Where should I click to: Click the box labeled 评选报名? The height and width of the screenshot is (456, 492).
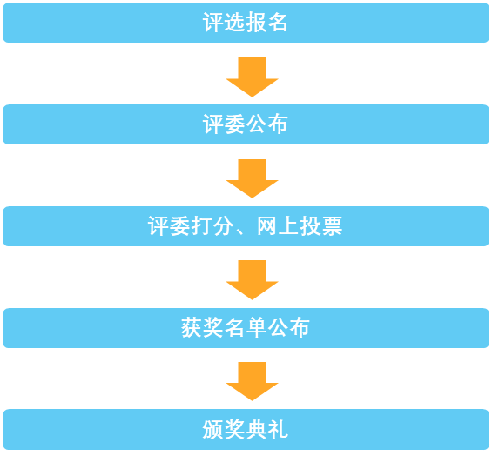[x=246, y=23]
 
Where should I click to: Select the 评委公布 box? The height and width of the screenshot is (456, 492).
[x=246, y=124]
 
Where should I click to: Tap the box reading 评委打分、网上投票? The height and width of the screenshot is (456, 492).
[x=246, y=226]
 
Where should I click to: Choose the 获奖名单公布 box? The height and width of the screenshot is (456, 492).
[x=246, y=328]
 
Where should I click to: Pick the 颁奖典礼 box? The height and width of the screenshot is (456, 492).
[x=246, y=429]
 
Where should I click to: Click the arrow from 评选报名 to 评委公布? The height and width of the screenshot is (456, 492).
[x=252, y=77]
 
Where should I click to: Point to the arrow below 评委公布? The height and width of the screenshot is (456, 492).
[x=252, y=178]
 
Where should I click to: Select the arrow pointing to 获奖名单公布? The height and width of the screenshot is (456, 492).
[x=252, y=280]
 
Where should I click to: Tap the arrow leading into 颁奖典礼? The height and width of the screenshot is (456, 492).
[x=252, y=382]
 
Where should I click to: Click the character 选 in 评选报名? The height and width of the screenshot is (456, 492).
[x=235, y=23]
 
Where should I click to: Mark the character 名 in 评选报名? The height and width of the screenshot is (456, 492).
[x=278, y=23]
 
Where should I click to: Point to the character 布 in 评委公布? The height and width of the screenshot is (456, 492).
[x=278, y=124]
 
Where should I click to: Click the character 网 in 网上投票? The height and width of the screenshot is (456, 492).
[x=267, y=226]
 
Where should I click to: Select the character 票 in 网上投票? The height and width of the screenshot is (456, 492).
[x=332, y=226]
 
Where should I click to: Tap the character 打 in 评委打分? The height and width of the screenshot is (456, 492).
[x=201, y=226]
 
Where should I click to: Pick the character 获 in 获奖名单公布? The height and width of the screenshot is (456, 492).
[x=192, y=328]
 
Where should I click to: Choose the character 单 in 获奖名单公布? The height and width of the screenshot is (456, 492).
[x=256, y=328]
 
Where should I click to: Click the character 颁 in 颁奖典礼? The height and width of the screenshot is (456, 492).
[x=213, y=429]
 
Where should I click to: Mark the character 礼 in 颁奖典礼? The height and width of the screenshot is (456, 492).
[x=278, y=429]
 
